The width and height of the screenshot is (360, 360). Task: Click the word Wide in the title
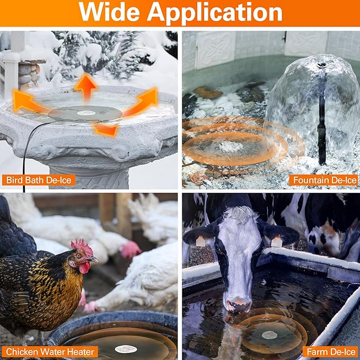click(110, 13)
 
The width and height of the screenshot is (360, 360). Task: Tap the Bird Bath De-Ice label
click(38, 180)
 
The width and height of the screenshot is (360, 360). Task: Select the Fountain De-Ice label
click(324, 180)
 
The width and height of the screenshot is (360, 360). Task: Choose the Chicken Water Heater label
click(50, 351)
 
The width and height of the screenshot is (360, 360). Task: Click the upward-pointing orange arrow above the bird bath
click(85, 87)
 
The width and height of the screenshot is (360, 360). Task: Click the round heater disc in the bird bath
click(85, 113)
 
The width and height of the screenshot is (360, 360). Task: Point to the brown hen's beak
click(94, 259)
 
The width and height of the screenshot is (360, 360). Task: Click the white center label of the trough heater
click(269, 335)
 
